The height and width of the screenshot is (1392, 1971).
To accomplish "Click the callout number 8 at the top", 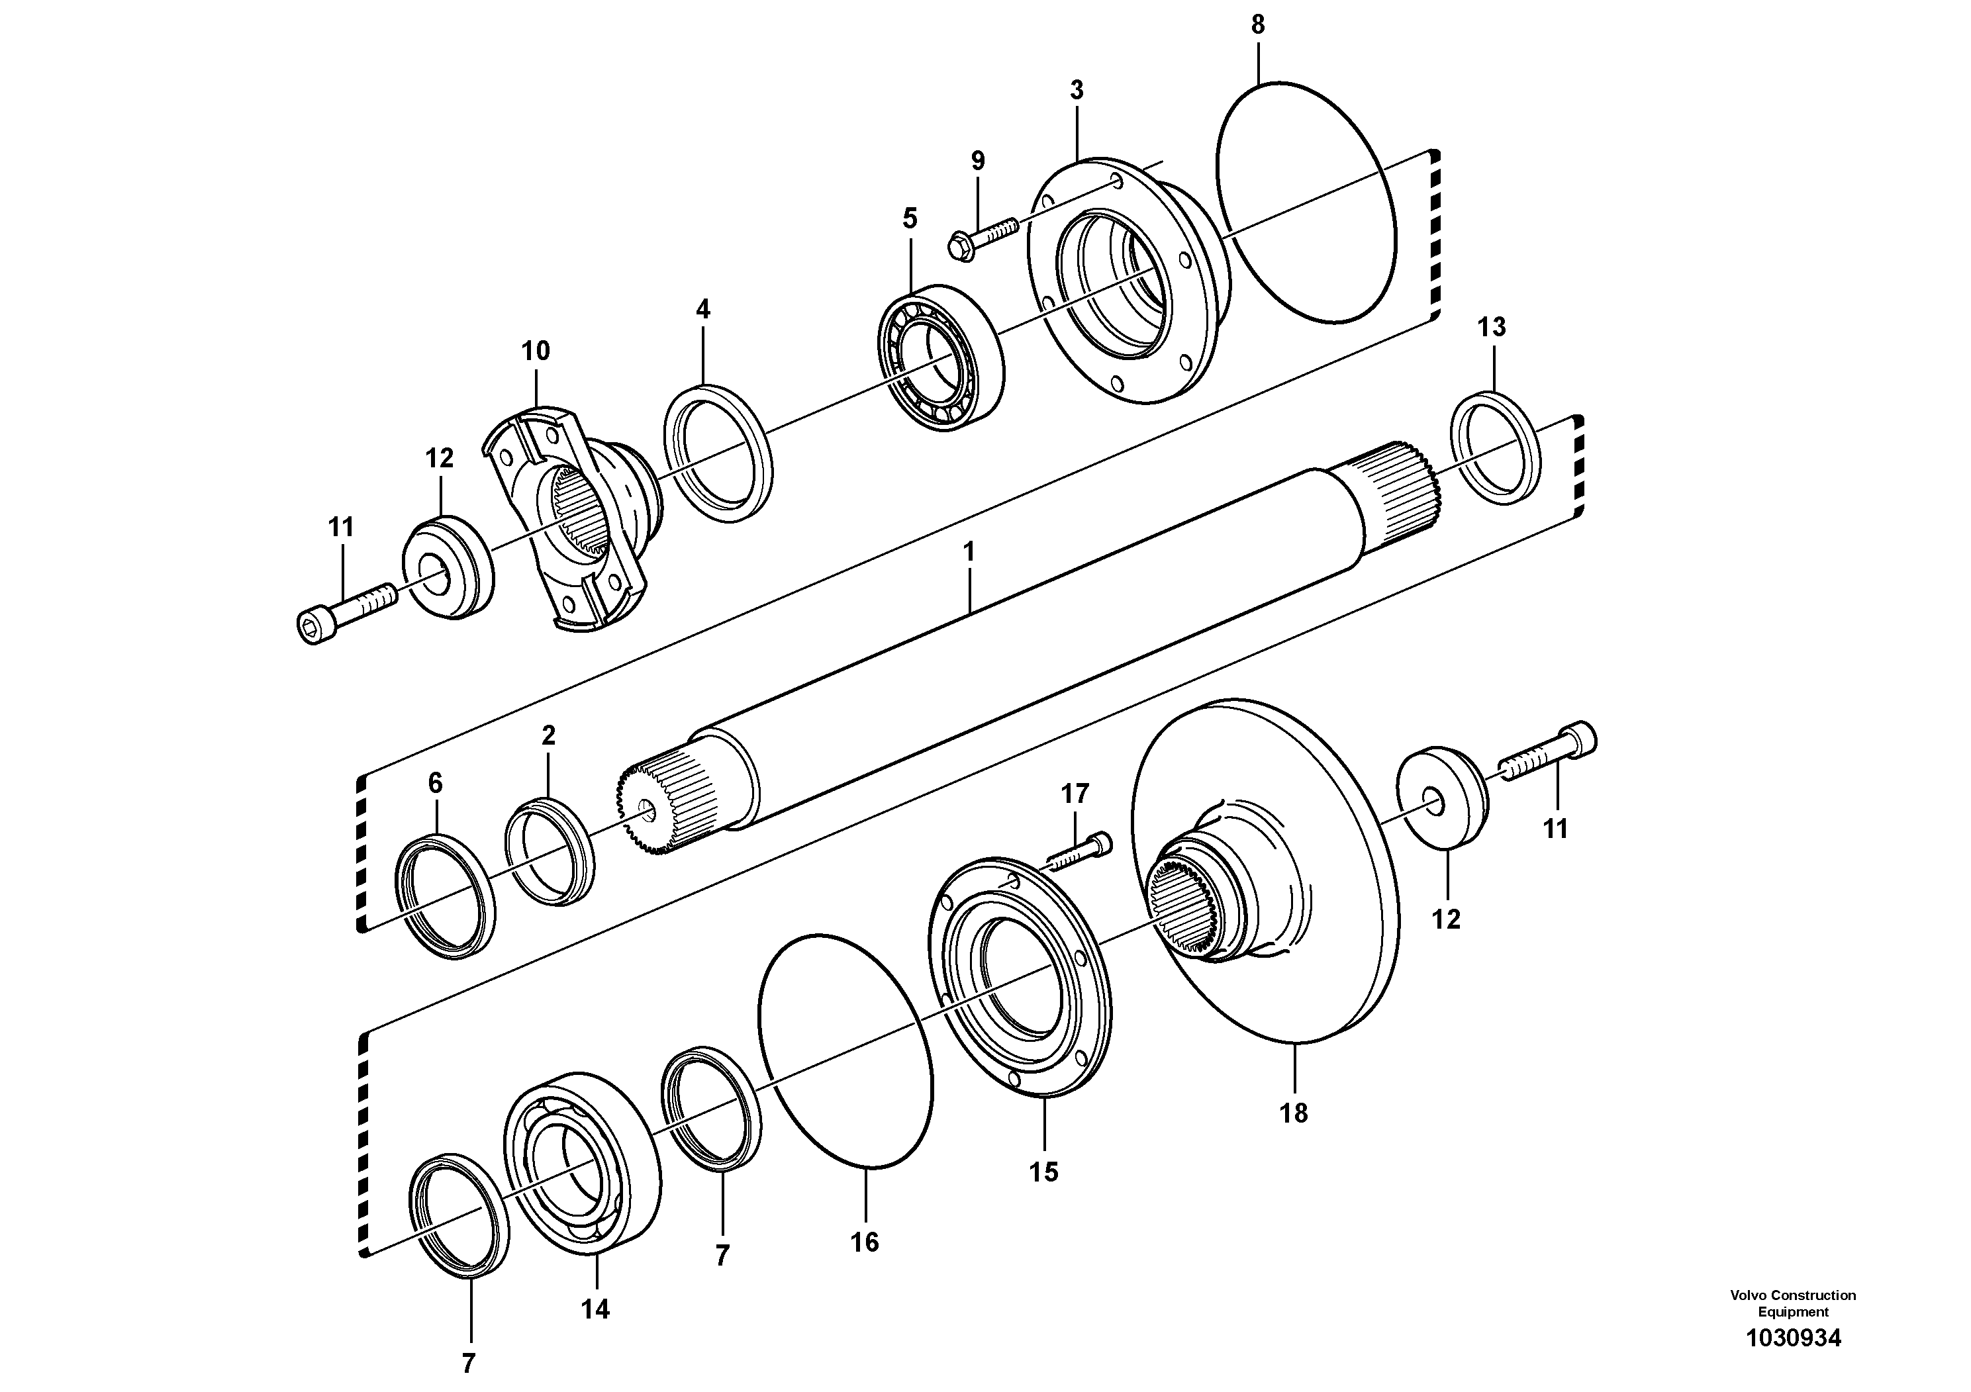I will (1258, 26).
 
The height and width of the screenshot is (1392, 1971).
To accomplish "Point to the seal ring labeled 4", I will (718, 454).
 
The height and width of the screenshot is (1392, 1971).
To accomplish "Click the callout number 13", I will (1492, 327).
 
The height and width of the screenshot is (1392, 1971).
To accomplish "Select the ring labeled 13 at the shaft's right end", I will (1496, 447).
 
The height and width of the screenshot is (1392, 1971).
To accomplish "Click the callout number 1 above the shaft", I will (969, 552).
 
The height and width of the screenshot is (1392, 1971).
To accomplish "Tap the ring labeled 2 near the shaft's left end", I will (550, 850).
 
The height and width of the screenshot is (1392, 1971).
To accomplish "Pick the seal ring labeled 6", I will (445, 895).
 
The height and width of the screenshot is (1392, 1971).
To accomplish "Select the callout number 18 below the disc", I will (1294, 1113).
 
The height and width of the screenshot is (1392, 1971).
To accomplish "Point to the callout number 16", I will (865, 1242).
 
